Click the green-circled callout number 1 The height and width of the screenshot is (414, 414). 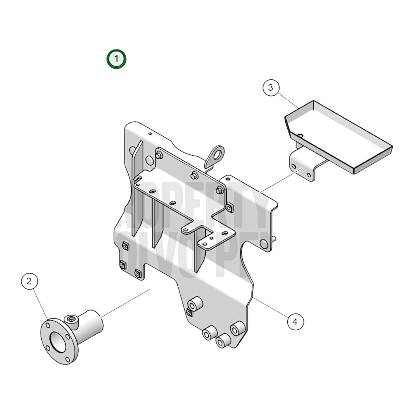click(116, 59)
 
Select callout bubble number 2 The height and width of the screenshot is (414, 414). click(29, 281)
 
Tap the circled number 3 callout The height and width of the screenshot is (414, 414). click(271, 88)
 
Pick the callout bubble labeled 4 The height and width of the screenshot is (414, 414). click(295, 321)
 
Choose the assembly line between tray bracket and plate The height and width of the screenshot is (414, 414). click(281, 180)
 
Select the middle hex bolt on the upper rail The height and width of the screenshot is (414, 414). click(194, 174)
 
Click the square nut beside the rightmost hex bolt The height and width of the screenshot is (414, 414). click(229, 207)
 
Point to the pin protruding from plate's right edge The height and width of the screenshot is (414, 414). click(274, 238)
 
